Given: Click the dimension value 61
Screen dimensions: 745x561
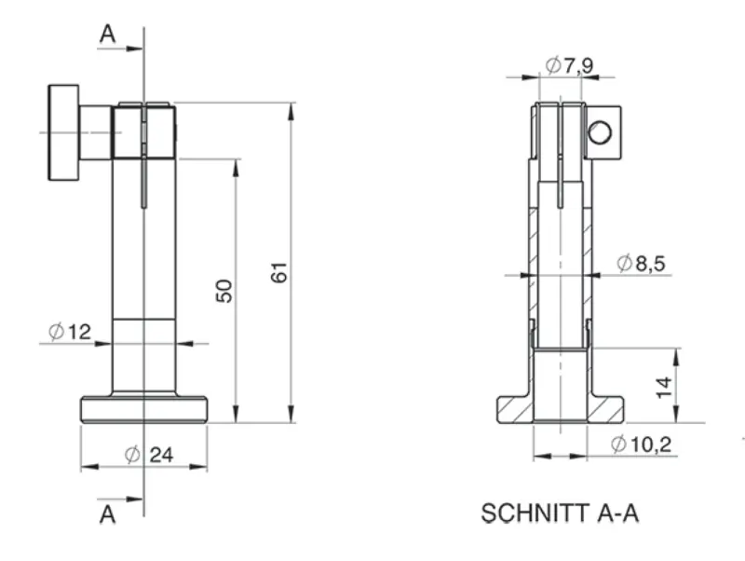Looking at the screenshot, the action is (x=279, y=272).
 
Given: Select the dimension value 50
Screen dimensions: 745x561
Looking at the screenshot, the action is (x=224, y=291).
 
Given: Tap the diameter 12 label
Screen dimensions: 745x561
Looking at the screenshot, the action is (x=69, y=332).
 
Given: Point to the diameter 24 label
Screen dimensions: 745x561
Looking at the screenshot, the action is (x=149, y=455).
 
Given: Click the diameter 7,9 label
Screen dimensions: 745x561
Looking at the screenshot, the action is (x=569, y=65).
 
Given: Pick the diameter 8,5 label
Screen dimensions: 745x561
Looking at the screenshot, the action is (x=641, y=263).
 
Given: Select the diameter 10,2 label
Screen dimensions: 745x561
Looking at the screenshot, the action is (x=641, y=445).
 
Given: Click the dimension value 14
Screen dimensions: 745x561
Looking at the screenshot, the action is (x=663, y=387).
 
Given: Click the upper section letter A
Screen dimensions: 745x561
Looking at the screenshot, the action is (x=108, y=34).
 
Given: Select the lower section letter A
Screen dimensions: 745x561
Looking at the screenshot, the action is (x=108, y=514).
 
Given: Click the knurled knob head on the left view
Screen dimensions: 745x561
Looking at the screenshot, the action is (x=63, y=132).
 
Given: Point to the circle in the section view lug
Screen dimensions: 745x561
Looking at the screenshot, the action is (x=600, y=132).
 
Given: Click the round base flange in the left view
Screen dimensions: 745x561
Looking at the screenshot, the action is (x=144, y=409).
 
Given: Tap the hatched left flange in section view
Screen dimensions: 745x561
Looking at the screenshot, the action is (x=515, y=409).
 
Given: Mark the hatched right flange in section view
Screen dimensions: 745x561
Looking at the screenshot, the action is (x=605, y=409).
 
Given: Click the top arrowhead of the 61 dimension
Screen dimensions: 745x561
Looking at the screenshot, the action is (x=291, y=111).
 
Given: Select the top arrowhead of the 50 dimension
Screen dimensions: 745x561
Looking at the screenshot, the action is (x=237, y=168).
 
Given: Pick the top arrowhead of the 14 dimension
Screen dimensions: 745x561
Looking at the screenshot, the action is (x=676, y=357).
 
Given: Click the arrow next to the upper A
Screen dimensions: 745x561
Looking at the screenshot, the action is (x=120, y=48).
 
